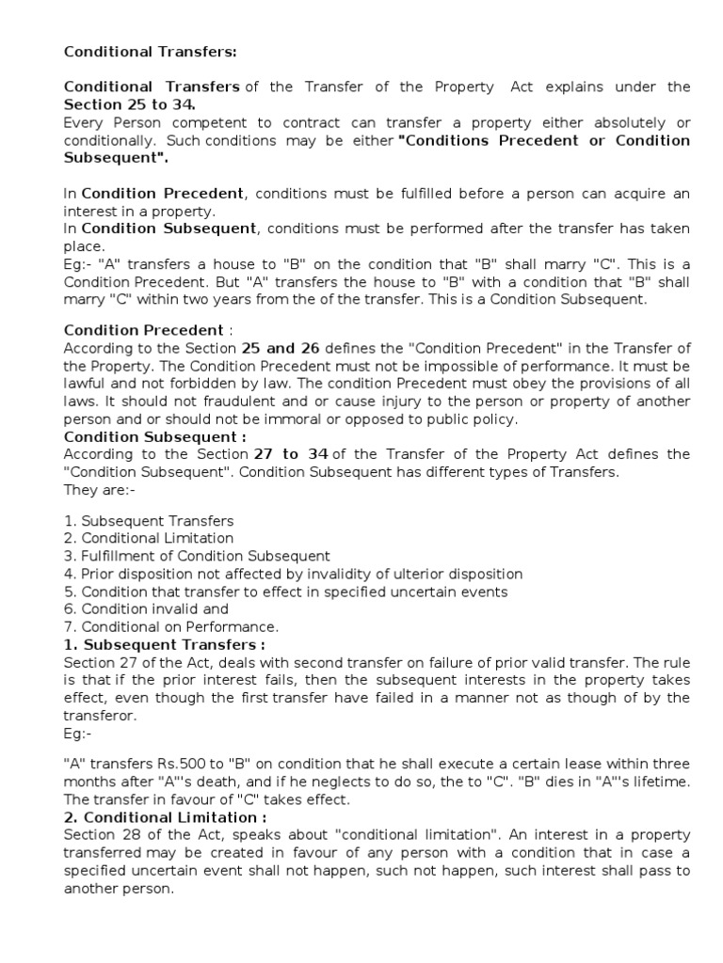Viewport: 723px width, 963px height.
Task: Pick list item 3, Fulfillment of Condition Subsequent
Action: click(x=197, y=556)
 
